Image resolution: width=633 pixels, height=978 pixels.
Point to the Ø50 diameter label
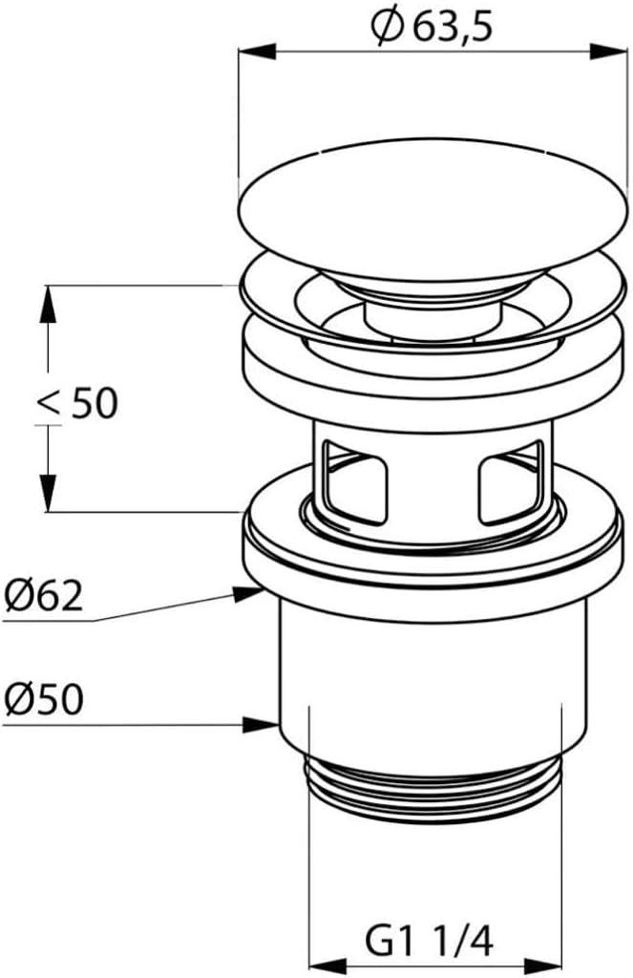point(43,699)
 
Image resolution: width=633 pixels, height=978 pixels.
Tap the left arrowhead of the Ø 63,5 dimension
point(257,52)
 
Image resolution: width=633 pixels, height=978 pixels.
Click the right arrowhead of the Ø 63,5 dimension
point(608,52)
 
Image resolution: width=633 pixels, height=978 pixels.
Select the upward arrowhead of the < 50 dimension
point(48,304)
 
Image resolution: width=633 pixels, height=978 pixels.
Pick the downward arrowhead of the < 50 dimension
point(48,494)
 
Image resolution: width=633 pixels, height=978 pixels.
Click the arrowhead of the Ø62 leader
point(246,593)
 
